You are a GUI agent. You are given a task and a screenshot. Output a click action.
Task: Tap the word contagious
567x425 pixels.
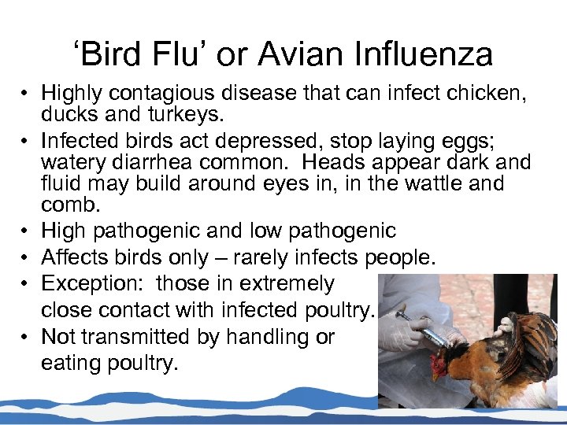171,94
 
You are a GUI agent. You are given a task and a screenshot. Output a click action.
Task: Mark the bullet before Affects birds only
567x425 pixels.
26,258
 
